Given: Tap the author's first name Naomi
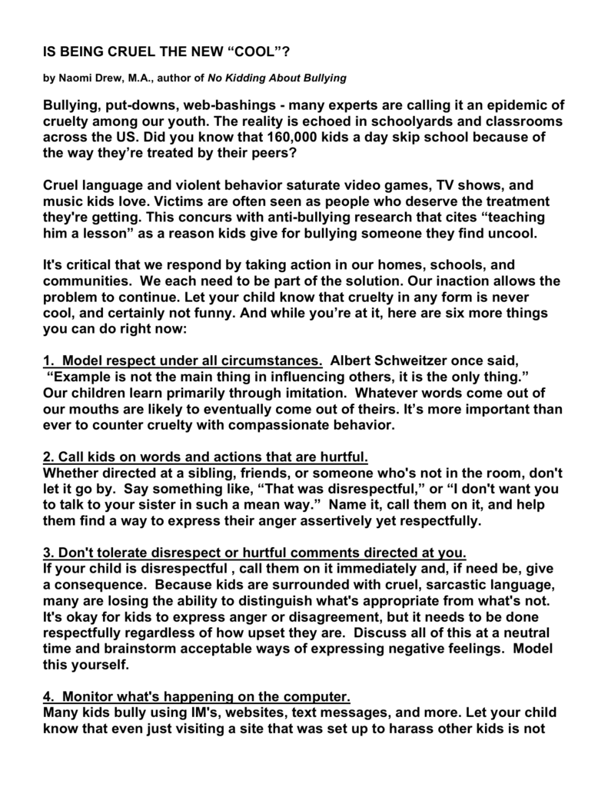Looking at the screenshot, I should (x=73, y=78).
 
